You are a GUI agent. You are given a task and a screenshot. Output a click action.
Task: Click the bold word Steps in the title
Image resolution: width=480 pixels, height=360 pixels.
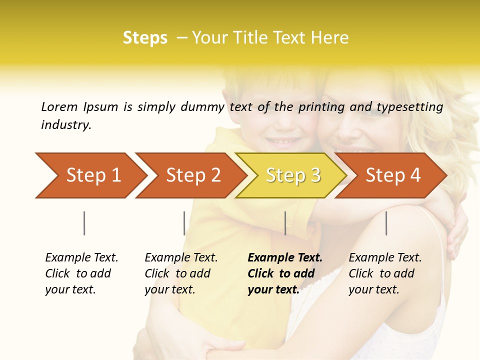coord(145,38)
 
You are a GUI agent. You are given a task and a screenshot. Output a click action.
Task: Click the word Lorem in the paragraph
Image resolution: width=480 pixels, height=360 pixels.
coord(59,106)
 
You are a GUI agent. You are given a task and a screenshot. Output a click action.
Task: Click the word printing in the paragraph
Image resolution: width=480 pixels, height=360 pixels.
coord(321,106)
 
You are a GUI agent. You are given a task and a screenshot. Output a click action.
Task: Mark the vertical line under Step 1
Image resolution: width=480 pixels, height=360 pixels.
coord(84,223)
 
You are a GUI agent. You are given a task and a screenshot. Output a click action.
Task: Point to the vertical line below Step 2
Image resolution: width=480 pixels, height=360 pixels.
coord(184,223)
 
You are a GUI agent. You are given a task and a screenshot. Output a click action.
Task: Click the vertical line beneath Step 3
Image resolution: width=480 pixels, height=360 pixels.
coord(285,223)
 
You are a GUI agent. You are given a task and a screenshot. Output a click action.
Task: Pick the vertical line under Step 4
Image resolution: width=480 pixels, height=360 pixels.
coord(386,223)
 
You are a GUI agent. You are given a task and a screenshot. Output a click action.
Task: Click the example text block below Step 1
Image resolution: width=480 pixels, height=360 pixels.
coord(81,273)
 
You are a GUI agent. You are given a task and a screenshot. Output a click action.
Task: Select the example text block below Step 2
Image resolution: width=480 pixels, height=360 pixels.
coord(181,273)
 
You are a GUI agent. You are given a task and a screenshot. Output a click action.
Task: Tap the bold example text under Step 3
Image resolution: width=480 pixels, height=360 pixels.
coord(285,273)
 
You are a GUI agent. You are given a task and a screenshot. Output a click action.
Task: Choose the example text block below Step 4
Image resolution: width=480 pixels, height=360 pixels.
coord(385,273)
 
